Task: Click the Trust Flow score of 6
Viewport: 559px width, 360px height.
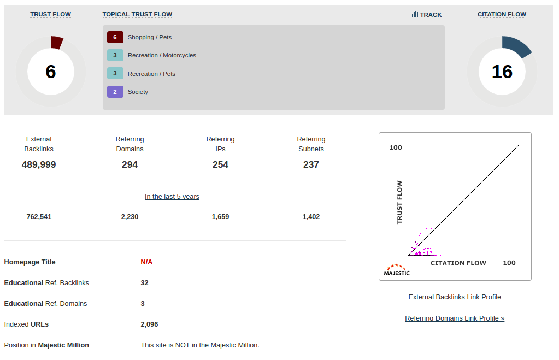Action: click(51, 72)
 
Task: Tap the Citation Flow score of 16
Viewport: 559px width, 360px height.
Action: click(502, 72)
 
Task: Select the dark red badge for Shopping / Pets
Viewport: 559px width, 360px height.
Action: click(115, 37)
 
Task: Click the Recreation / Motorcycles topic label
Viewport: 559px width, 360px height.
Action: click(162, 55)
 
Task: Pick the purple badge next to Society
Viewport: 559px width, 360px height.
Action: click(115, 92)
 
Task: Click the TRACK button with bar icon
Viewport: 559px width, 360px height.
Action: click(427, 15)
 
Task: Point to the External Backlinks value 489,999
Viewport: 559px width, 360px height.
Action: click(39, 164)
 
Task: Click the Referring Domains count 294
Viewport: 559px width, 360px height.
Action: click(130, 164)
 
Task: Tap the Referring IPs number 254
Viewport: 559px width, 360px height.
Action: click(220, 164)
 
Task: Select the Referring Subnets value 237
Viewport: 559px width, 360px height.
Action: click(311, 164)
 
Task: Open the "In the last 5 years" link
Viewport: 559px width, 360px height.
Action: click(172, 197)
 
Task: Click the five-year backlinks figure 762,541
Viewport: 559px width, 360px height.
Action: click(39, 217)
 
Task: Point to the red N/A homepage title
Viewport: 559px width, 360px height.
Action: click(146, 262)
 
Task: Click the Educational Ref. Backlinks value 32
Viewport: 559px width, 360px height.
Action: click(144, 283)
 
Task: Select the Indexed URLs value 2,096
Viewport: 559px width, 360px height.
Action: click(149, 324)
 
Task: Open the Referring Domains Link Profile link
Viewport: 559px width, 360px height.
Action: click(455, 318)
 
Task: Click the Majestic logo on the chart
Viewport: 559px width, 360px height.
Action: click(397, 270)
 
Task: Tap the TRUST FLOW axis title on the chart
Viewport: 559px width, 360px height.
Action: click(399, 202)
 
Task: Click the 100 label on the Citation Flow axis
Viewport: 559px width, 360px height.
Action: click(509, 263)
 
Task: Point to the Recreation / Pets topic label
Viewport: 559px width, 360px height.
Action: click(151, 74)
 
